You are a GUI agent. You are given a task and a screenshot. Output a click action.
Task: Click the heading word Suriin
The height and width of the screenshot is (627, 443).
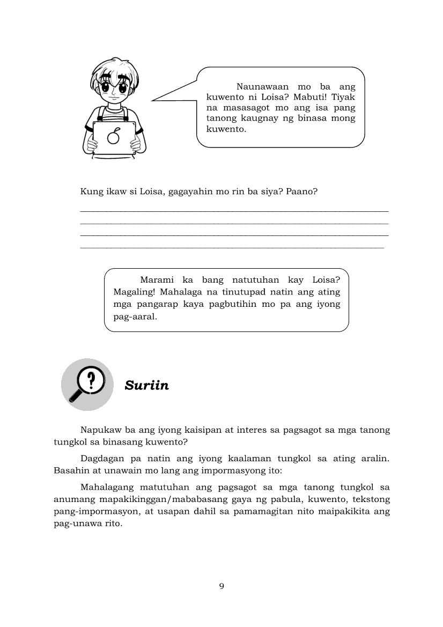(146, 385)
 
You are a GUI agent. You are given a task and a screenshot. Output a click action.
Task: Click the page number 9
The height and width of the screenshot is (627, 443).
(222, 586)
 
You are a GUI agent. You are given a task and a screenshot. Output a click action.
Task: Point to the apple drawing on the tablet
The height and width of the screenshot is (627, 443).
(113, 137)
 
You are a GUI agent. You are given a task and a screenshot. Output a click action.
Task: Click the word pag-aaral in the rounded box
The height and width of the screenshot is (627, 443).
(135, 316)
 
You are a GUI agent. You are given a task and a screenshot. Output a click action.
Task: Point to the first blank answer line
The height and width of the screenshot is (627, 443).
(234, 211)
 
